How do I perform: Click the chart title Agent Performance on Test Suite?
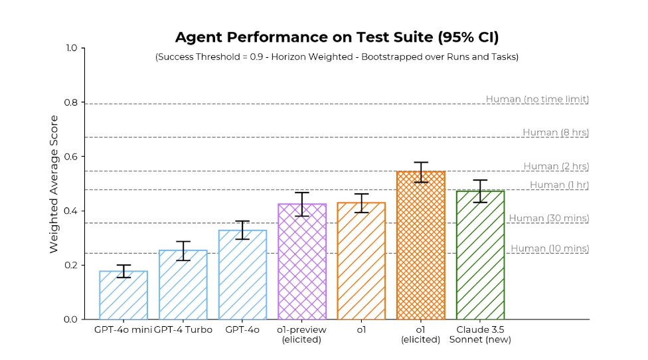(337, 37)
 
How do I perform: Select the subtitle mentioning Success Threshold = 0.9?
(337, 57)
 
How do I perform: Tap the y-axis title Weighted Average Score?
(54, 184)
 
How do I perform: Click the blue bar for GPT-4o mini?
(123, 296)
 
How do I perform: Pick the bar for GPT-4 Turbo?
(183, 286)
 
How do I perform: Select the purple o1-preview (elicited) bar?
(302, 262)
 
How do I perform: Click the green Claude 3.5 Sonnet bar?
(480, 256)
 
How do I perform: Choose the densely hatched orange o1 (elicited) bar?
(421, 246)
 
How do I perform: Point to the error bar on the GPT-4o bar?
(242, 230)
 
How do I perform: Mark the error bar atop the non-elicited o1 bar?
(361, 203)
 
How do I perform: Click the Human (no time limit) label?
(537, 100)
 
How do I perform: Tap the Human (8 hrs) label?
(555, 133)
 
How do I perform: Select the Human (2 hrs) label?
(556, 167)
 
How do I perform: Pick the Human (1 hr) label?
(559, 185)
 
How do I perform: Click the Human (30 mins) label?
(548, 219)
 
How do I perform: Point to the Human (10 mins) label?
(549, 249)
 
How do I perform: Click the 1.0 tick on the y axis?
(70, 48)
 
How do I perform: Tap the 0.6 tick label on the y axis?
(70, 157)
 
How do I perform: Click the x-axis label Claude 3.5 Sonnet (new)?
(480, 335)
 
